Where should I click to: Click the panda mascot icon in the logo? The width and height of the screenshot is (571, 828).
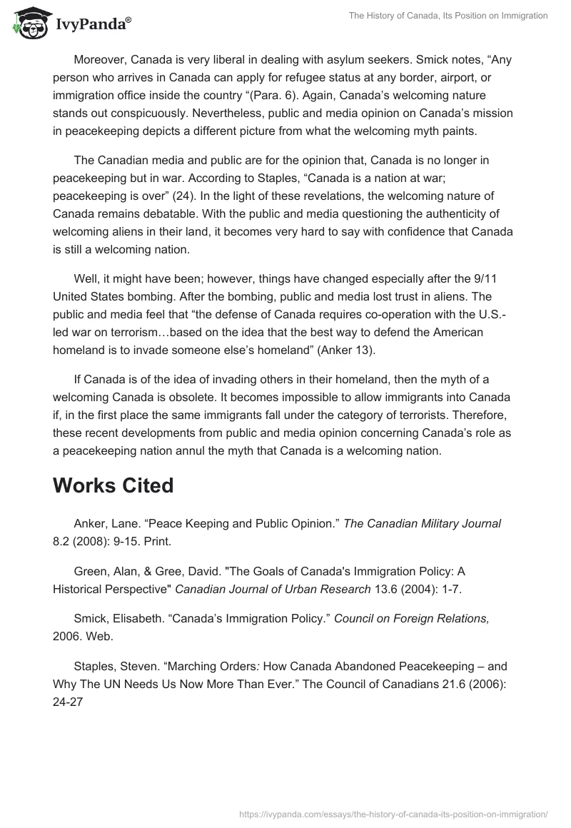[x=28, y=24]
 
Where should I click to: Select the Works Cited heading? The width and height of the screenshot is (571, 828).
[x=113, y=485]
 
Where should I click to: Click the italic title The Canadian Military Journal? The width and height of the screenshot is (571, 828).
[x=422, y=523]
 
